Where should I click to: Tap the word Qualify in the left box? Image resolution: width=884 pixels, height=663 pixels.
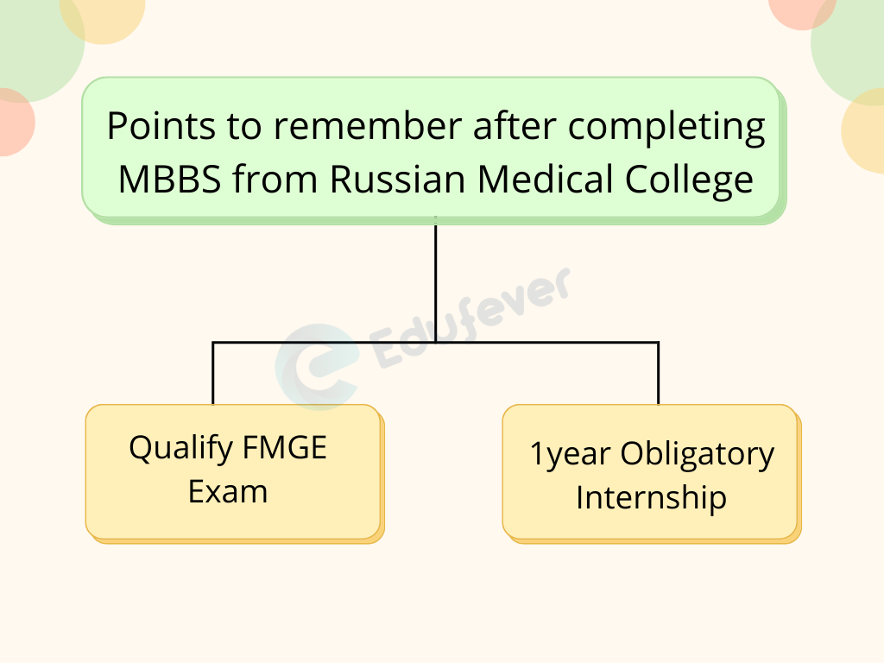[181, 449]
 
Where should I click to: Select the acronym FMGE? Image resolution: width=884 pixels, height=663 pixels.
[286, 448]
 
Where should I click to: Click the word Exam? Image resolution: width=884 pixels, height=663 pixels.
[228, 492]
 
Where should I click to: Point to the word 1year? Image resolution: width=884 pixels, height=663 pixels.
[570, 455]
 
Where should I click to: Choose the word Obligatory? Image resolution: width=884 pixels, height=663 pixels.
[698, 455]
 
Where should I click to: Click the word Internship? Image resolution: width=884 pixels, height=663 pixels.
[651, 498]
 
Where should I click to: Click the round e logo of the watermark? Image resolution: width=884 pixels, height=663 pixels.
[315, 367]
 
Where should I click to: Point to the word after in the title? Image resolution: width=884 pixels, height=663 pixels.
[515, 128]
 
